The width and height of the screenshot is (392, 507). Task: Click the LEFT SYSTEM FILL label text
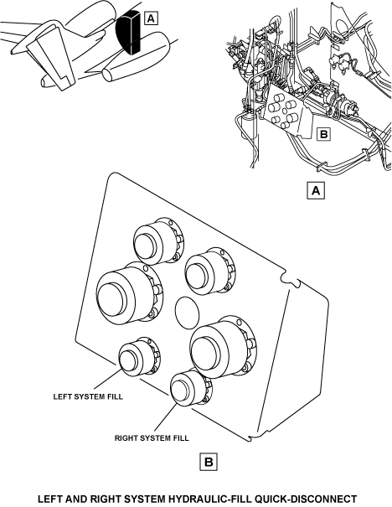click(88, 396)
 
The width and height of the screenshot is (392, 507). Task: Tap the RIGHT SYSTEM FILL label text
click(152, 438)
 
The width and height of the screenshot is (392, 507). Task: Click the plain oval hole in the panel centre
click(187, 313)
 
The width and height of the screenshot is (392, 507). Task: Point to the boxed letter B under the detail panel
click(209, 462)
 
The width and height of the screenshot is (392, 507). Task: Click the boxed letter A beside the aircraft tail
click(151, 18)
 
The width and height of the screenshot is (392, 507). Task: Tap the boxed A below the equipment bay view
click(316, 190)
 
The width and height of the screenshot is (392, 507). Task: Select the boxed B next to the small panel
click(323, 133)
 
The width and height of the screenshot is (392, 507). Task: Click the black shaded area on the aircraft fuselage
click(129, 32)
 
